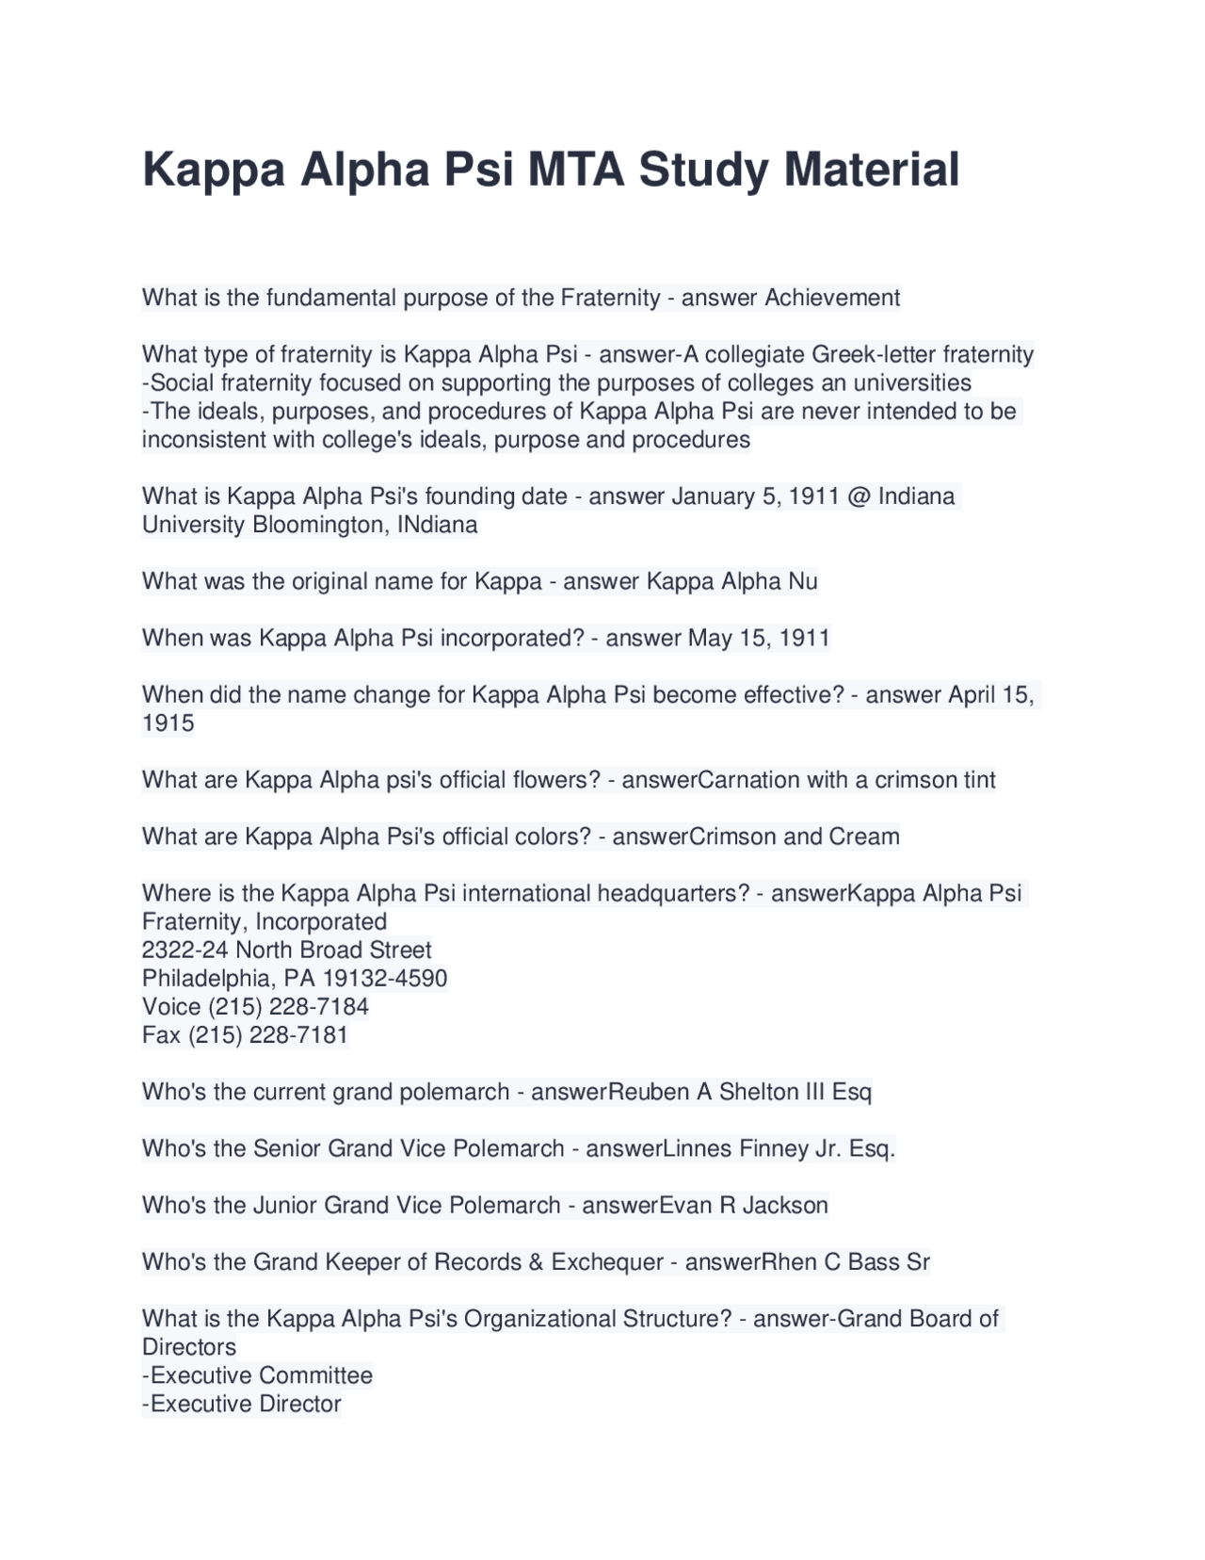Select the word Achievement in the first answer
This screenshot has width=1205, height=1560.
pyautogui.click(x=832, y=298)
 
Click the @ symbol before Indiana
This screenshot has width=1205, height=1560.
pyautogui.click(x=859, y=496)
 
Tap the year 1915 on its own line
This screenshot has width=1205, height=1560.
pyautogui.click(x=169, y=723)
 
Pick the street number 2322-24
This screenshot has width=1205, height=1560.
pyautogui.click(x=185, y=950)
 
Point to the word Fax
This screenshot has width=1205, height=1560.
pyautogui.click(x=161, y=1035)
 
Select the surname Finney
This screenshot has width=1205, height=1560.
pyautogui.click(x=773, y=1148)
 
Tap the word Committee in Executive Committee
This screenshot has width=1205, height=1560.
pyautogui.click(x=315, y=1375)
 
